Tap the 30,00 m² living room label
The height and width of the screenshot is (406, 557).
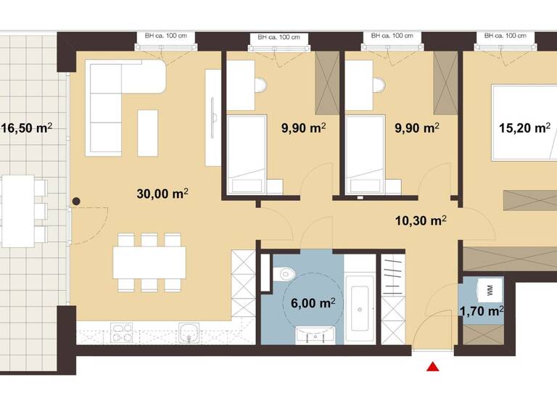pyautogui.click(x=162, y=194)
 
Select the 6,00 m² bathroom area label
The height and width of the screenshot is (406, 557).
pyautogui.click(x=313, y=302)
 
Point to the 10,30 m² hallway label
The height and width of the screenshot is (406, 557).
pyautogui.click(x=420, y=219)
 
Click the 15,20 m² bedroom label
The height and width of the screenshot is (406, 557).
pyautogui.click(x=524, y=128)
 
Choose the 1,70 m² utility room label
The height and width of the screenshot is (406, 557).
pyautogui.click(x=482, y=312)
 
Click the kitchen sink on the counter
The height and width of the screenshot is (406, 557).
pyautogui.click(x=190, y=335)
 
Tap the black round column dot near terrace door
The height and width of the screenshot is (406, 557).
pyautogui.click(x=75, y=203)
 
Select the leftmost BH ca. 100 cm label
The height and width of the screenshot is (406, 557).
pyautogui.click(x=164, y=34)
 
